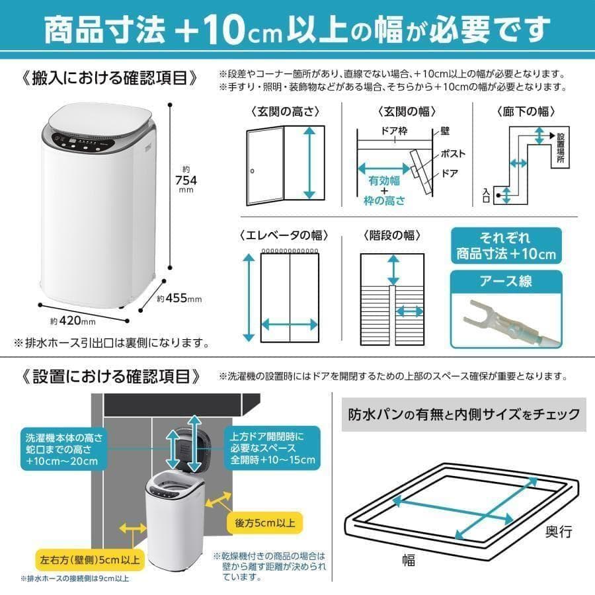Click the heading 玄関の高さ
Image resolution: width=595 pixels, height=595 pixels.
tap(285, 110)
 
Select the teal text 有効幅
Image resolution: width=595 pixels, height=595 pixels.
tap(384, 180)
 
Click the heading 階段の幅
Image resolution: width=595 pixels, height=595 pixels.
tap(392, 235)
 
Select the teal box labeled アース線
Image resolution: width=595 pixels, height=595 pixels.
tap(505, 282)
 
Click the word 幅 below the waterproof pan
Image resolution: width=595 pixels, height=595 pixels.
tap(409, 561)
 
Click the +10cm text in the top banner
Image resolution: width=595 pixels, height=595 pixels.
tap(246, 28)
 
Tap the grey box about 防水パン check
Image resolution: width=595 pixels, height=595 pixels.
tap(464, 415)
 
